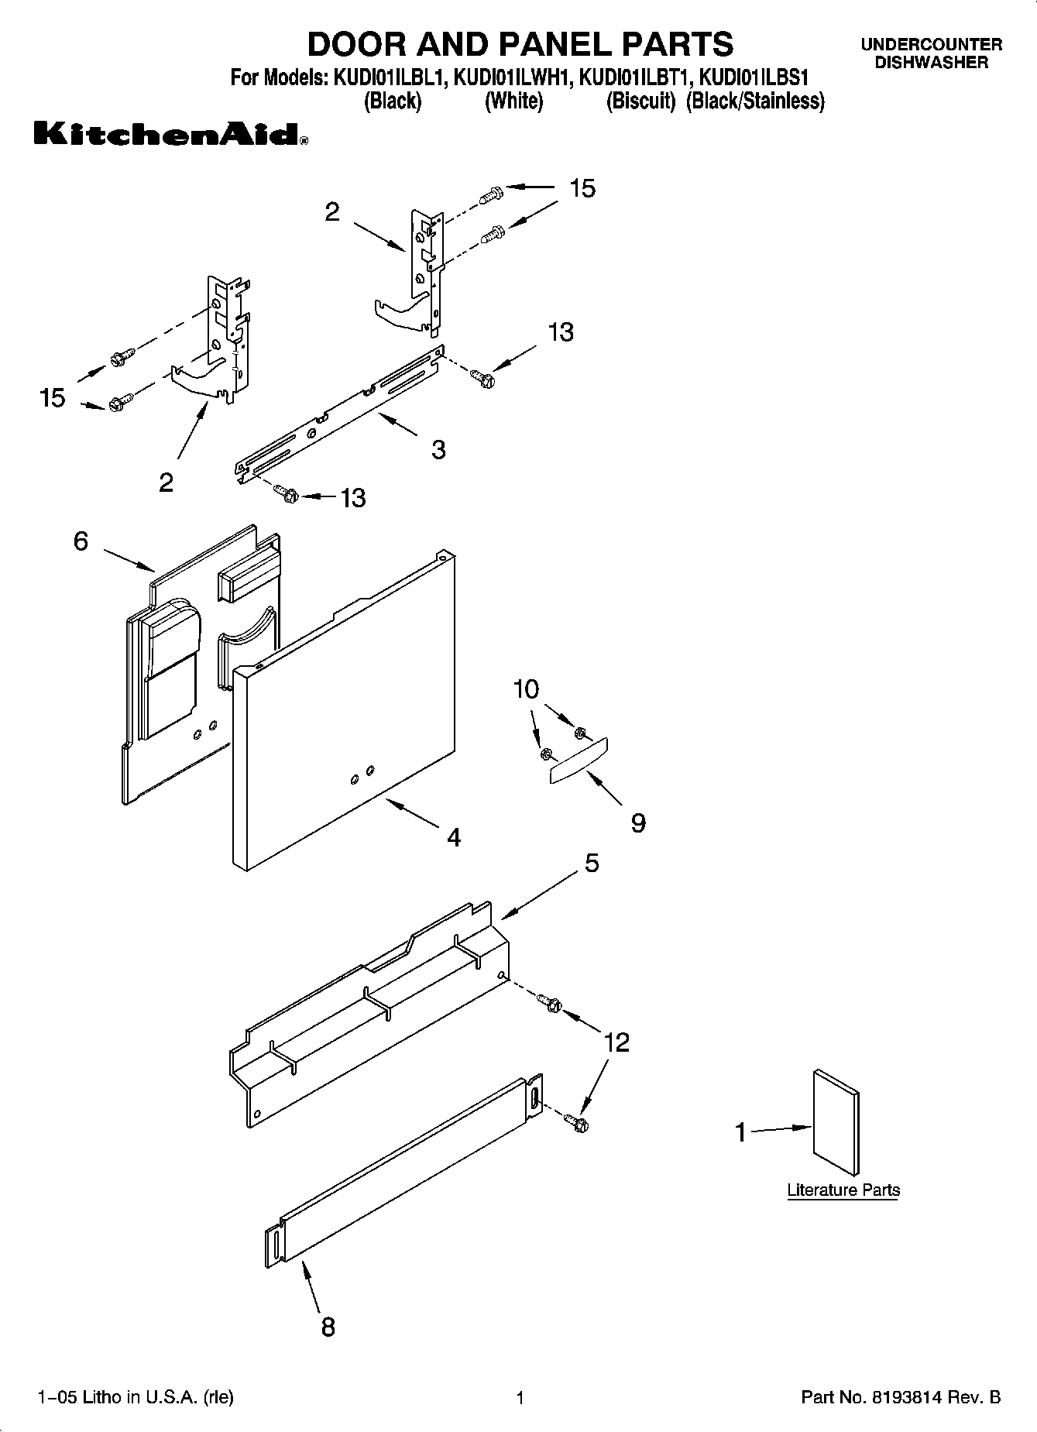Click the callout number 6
click(81, 541)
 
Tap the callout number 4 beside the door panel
click(454, 837)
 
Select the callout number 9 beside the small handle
click(637, 822)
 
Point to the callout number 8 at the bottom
click(328, 1327)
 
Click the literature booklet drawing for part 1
click(836, 1123)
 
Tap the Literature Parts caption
click(843, 1190)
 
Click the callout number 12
click(616, 1042)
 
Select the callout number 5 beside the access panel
click(592, 863)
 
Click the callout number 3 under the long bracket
click(438, 449)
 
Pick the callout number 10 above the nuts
click(526, 689)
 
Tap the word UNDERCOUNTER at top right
click(931, 45)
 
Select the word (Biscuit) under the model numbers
click(640, 101)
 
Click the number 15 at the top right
click(582, 188)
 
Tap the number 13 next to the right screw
click(561, 332)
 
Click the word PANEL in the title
click(538, 44)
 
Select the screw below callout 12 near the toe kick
click(576, 1121)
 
